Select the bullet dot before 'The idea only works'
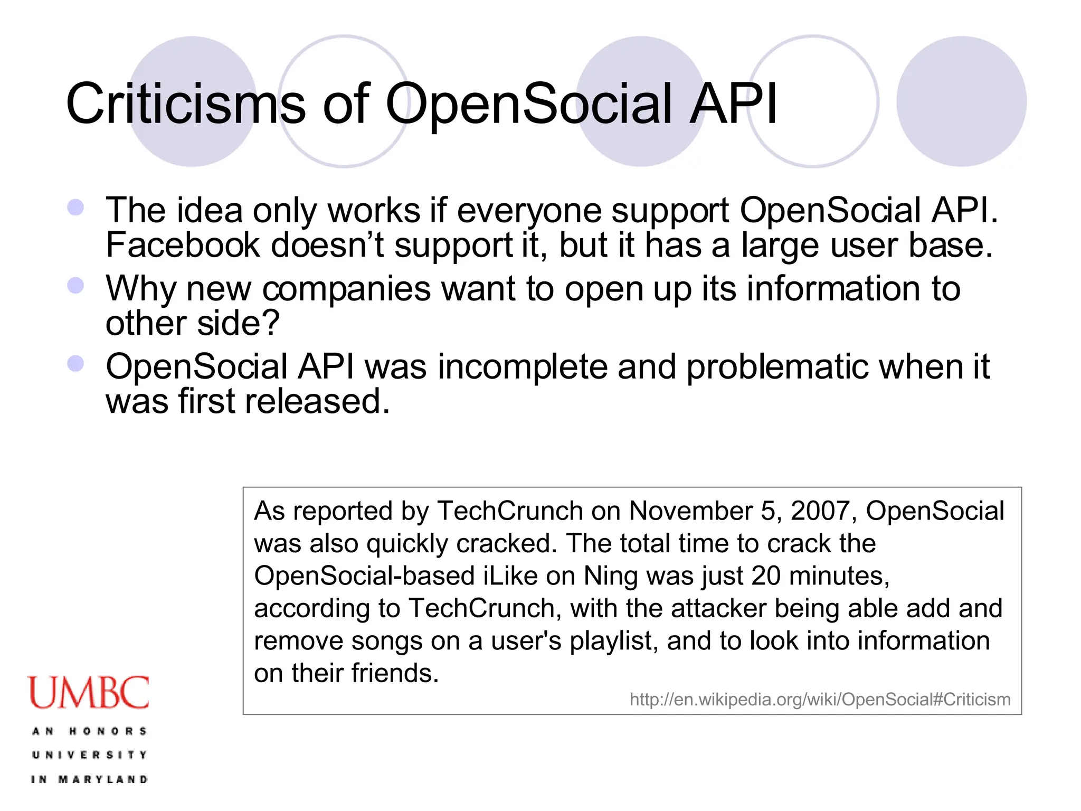76,207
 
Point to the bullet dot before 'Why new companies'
76,286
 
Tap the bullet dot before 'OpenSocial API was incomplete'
76,364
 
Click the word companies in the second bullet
347,289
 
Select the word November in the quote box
691,511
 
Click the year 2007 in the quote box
820,511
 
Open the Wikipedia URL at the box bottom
820,700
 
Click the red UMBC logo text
89,693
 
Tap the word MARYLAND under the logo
103,779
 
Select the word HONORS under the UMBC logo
108,731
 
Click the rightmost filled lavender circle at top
961,101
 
